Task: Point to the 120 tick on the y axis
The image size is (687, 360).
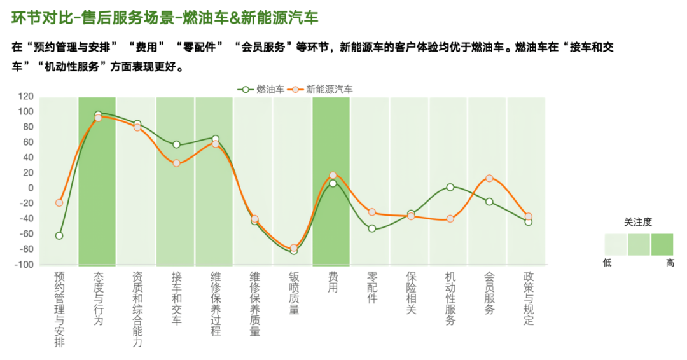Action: (25, 97)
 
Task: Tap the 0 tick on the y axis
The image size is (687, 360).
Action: (30, 188)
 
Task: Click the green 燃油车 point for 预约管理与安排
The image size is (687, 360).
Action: (59, 235)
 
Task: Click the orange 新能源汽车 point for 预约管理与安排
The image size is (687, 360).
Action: (59, 203)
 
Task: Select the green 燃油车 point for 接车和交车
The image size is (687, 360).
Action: (176, 144)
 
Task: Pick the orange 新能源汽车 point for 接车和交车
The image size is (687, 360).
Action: (176, 163)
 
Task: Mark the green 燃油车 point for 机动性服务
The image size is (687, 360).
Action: (450, 187)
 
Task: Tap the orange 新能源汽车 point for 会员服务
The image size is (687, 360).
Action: (489, 178)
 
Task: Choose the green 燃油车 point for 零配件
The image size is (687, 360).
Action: (372, 228)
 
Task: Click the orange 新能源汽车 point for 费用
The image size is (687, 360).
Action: (333, 175)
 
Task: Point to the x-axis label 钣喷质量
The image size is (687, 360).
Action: (294, 293)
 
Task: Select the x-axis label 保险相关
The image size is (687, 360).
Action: (411, 293)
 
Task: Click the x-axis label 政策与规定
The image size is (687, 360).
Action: (529, 298)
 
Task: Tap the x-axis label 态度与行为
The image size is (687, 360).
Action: (98, 298)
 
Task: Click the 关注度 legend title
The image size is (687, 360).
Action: (637, 223)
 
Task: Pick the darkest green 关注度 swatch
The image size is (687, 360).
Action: (662, 244)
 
